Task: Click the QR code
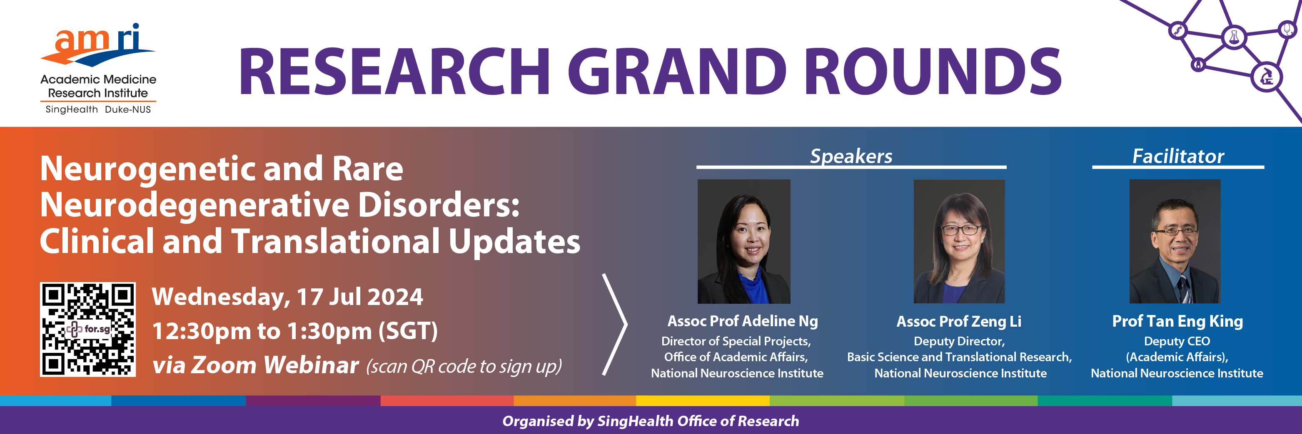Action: pyautogui.click(x=88, y=330)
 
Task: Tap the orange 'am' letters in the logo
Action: pyautogui.click(x=82, y=40)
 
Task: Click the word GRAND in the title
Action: pyautogui.click(x=677, y=71)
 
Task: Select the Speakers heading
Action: pyautogui.click(x=851, y=156)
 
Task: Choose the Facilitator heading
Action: pyautogui.click(x=1178, y=156)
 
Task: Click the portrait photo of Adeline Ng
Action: pyautogui.click(x=744, y=241)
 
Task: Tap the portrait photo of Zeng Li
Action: pyautogui.click(x=959, y=241)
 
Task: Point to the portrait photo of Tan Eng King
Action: pyautogui.click(x=1175, y=241)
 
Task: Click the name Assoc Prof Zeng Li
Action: pyautogui.click(x=959, y=321)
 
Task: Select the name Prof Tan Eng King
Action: pyautogui.click(x=1177, y=321)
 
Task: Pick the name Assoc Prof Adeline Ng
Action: pyautogui.click(x=743, y=321)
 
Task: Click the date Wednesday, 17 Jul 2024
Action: pyautogui.click(x=287, y=297)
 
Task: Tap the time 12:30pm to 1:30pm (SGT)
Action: pyautogui.click(x=294, y=332)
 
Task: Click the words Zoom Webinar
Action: pyautogui.click(x=275, y=365)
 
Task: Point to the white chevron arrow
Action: pyautogui.click(x=615, y=325)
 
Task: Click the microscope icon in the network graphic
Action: pyautogui.click(x=1267, y=77)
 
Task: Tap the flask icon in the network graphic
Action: pyautogui.click(x=1234, y=37)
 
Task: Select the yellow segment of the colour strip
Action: pyautogui.click(x=703, y=401)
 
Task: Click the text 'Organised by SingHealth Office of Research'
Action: pyautogui.click(x=651, y=421)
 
